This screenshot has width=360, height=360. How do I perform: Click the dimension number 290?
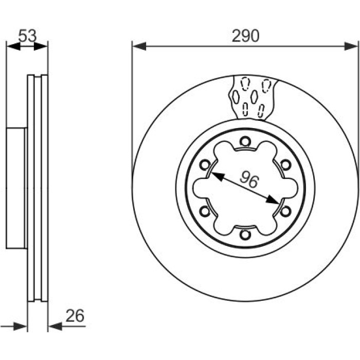245,36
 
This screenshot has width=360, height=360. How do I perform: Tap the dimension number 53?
27,35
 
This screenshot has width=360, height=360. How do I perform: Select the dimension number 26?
75,316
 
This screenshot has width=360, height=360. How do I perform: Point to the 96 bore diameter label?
249,178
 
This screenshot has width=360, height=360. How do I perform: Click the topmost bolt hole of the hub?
245,141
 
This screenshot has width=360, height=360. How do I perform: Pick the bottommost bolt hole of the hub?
245,235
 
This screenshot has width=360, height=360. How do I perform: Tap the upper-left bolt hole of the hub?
205,165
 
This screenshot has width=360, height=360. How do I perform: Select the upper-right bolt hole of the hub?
285,165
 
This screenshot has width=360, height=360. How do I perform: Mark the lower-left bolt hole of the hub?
205,211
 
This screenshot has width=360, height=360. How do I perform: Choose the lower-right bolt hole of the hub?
285,211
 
